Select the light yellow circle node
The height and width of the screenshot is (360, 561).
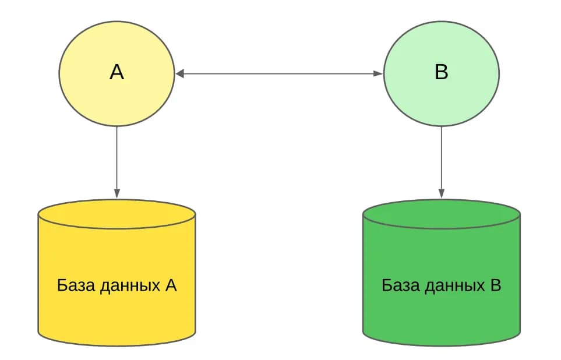tap(117, 73)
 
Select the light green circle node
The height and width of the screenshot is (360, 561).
tap(442, 73)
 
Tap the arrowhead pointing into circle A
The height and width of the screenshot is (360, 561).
tap(179, 74)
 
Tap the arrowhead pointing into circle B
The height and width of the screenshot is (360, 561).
tap(379, 74)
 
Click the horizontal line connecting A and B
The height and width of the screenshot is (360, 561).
tap(279, 74)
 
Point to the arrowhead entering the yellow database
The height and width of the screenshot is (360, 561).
tap(117, 193)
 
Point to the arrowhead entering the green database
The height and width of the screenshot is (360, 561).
tap(442, 193)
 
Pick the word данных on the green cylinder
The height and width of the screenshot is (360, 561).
tap(455, 286)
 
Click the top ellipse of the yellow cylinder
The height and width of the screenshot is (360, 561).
tap(117, 214)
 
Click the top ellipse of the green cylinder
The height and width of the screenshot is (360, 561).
tap(442, 214)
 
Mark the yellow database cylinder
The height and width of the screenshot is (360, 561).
tap(117, 273)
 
